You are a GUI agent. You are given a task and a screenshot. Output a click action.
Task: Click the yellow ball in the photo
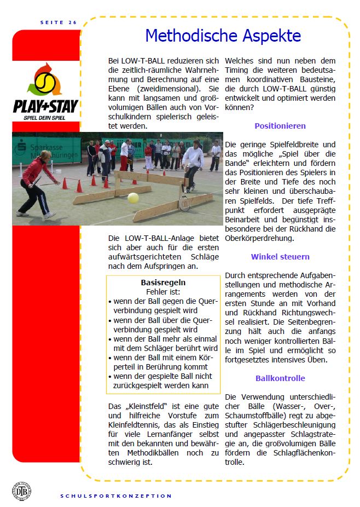tap(133, 198)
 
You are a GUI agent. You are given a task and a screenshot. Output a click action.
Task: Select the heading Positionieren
tap(280, 126)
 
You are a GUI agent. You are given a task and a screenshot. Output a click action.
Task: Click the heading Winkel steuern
tap(280, 256)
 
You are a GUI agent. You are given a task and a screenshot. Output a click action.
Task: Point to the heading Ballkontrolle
tap(280, 378)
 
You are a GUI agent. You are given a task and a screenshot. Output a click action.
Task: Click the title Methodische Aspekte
tap(223, 36)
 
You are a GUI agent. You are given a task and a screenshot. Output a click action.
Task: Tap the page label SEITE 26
tap(59, 22)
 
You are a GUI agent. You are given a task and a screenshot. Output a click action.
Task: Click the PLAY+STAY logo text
tap(45, 105)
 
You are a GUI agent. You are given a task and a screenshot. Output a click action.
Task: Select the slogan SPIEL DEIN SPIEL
tap(45, 118)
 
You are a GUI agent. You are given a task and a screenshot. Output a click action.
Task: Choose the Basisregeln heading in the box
tap(163, 283)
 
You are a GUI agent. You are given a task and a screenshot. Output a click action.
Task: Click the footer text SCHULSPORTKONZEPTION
tap(116, 496)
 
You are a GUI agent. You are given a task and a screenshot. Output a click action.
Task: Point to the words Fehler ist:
tap(163, 292)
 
